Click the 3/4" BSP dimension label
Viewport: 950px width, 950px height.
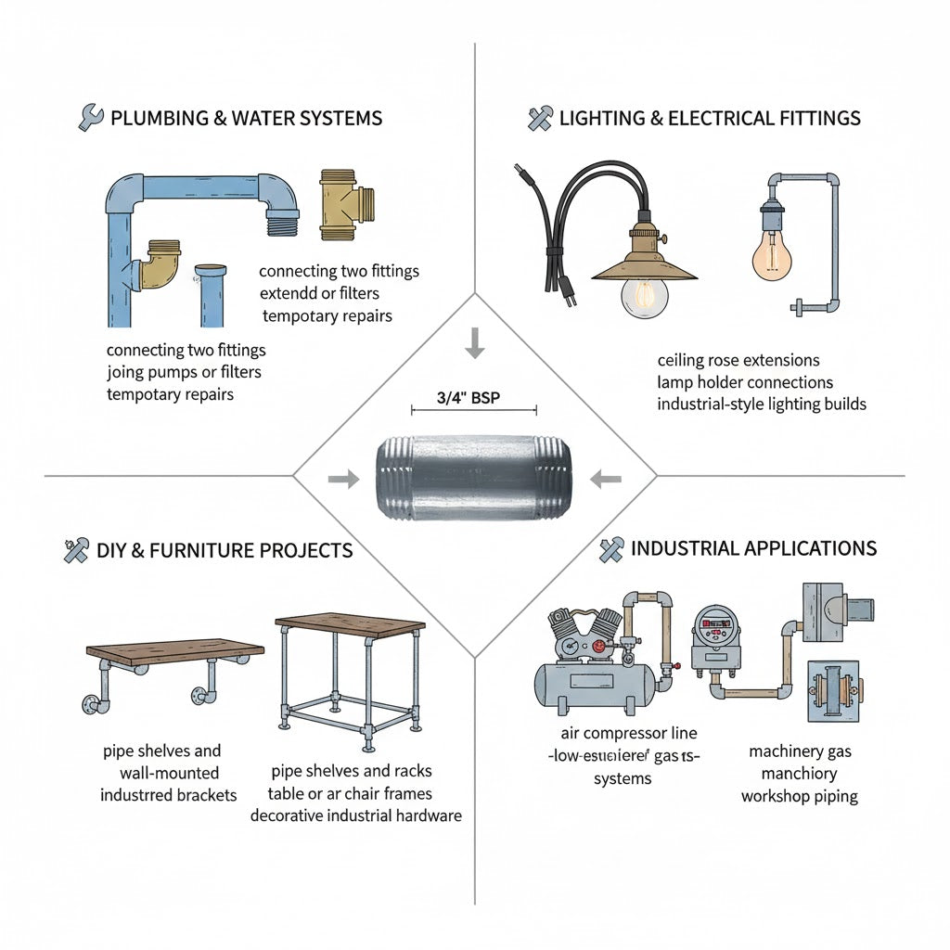point(473,397)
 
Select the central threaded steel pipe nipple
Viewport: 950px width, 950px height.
point(473,478)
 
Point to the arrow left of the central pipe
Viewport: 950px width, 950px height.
point(343,479)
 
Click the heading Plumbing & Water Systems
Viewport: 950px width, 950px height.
point(246,119)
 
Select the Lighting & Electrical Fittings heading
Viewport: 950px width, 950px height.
point(709,119)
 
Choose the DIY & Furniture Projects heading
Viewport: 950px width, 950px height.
point(224,550)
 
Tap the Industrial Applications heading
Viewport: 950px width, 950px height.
point(752,548)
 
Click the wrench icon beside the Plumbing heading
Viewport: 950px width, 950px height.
point(91,118)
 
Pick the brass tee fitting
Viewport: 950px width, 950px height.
point(346,202)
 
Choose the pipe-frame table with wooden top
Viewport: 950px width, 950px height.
point(351,677)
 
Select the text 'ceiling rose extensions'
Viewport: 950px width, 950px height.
point(738,360)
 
